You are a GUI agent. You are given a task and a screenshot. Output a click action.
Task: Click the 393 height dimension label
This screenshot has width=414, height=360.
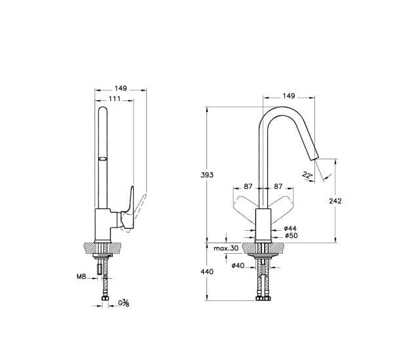coord(207,175)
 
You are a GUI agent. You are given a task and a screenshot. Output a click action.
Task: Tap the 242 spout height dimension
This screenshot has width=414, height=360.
coord(335,201)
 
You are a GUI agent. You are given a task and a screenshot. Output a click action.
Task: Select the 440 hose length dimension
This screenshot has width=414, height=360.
coord(207,271)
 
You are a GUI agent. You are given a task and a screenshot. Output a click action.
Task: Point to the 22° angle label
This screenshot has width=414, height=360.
coord(307,175)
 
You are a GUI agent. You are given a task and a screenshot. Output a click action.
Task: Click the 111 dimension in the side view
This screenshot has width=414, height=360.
coord(115,99)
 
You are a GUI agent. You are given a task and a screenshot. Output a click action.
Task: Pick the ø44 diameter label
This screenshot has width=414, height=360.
coord(290,228)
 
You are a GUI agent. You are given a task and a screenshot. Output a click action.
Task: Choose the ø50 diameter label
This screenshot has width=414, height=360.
coord(291,235)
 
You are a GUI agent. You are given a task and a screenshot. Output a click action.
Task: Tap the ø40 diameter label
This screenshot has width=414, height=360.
coord(238,266)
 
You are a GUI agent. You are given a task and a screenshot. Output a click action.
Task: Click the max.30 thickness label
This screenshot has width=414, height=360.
coord(226,249)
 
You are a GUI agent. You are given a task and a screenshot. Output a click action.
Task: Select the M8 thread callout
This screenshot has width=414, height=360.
coord(81,277)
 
